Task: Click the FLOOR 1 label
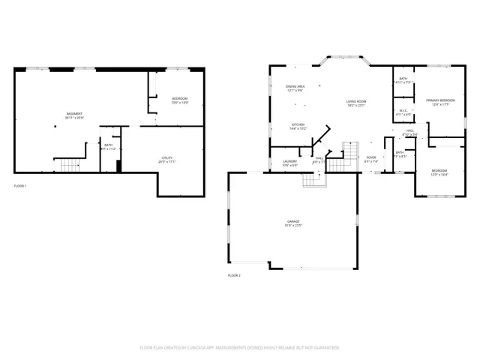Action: coord(20,185)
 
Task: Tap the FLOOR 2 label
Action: coord(233,275)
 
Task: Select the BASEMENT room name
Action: coord(73,113)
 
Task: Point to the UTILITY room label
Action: coord(166,157)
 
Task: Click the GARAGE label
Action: coord(292,220)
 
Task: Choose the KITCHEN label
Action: coord(298,124)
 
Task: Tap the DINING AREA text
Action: coord(295,86)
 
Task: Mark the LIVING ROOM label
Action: coord(355,101)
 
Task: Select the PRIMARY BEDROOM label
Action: coord(440,100)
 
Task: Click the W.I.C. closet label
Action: coord(403,110)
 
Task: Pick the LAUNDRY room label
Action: coord(290,161)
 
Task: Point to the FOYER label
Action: coord(370,157)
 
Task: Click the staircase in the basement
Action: coord(69,164)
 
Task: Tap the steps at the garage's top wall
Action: coord(310,180)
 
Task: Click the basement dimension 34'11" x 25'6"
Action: coord(73,118)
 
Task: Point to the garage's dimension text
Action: coord(292,225)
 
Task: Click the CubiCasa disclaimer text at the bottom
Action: coord(239,348)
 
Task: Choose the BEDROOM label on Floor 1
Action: coord(180,99)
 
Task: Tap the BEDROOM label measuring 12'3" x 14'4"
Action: coord(439,172)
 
